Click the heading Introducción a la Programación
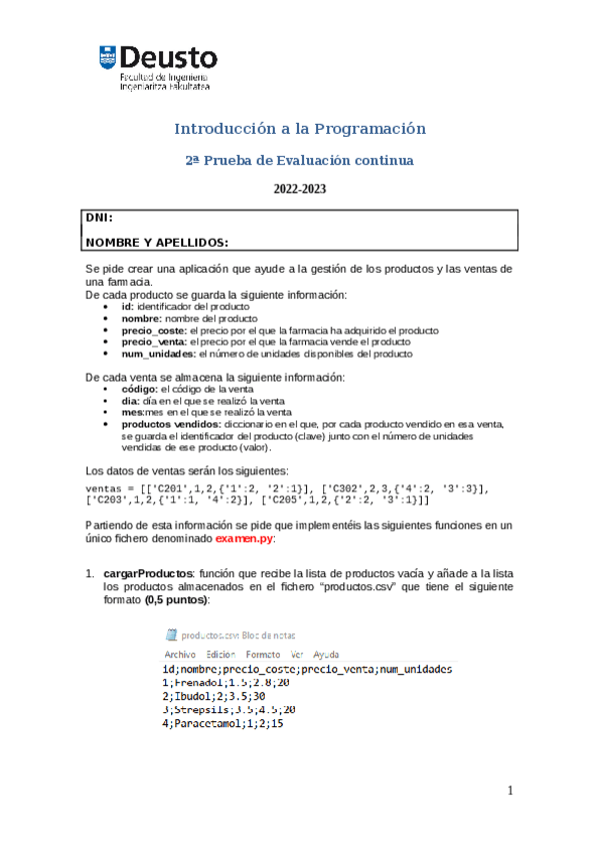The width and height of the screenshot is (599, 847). pos(300,129)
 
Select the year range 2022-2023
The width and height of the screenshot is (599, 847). pos(300,189)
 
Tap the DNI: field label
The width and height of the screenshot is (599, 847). pos(98,217)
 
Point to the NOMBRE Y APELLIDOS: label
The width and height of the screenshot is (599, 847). pos(156,242)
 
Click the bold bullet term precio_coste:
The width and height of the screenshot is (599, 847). pos(153,330)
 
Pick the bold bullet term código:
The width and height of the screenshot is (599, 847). pos(140,389)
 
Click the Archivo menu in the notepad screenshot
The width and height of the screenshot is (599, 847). pos(180,653)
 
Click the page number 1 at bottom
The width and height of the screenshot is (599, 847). pos(509,791)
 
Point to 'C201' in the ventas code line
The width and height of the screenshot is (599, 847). pos(166,487)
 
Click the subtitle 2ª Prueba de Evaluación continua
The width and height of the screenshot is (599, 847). pos(300,160)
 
